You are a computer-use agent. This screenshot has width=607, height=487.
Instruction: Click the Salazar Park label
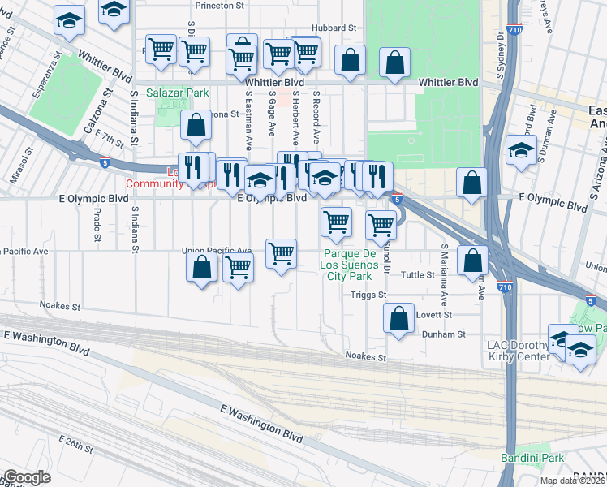178,93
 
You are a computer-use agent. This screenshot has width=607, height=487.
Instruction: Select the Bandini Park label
541,459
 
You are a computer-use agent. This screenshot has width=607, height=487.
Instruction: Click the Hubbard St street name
335,28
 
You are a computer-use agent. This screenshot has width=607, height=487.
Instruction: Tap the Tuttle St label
419,275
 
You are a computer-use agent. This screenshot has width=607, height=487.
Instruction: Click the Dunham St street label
443,334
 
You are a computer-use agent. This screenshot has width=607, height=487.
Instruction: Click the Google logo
26,478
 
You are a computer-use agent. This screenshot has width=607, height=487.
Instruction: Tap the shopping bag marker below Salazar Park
196,126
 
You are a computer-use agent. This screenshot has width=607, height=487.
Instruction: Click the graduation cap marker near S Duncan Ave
521,151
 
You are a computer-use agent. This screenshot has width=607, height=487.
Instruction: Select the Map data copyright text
573,481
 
